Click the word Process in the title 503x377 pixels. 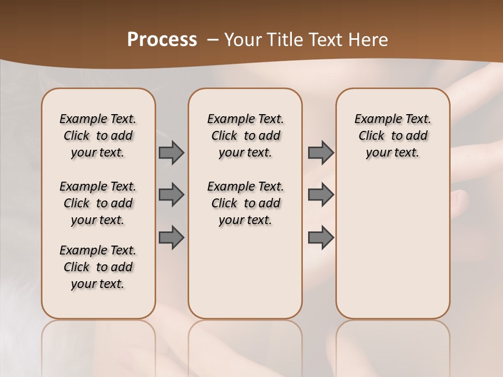[x=162, y=39]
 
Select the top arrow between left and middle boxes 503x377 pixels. [x=171, y=152]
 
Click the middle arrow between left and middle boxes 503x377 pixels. [x=171, y=195]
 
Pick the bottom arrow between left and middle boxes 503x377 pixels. [x=171, y=237]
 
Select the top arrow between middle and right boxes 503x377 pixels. [x=321, y=152]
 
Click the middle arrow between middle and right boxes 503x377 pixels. [x=321, y=195]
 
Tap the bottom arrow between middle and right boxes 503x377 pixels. [x=321, y=237]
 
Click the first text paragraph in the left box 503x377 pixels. [x=98, y=136]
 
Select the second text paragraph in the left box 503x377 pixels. [x=98, y=203]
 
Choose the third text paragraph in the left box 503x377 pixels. [x=98, y=267]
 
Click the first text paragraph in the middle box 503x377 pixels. [x=245, y=136]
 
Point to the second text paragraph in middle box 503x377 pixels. [x=245, y=203]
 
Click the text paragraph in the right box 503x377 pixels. [x=393, y=136]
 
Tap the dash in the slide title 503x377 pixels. [x=213, y=39]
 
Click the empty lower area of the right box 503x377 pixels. [x=393, y=246]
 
